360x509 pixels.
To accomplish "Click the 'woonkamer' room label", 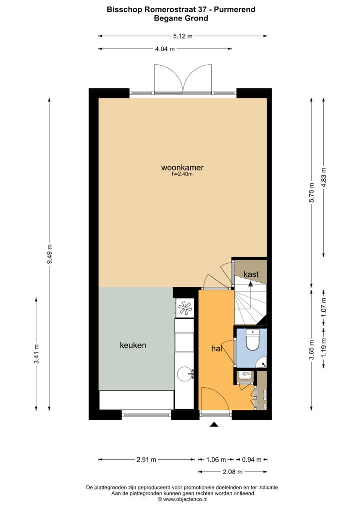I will point(182,167).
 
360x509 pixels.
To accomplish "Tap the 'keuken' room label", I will point(133,345).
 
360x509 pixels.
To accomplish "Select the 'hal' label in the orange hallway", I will point(216,349).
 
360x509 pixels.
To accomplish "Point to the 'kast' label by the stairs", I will point(251,274).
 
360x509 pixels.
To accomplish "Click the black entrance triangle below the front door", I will point(214,425).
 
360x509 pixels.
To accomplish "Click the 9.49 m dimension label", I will point(49,257).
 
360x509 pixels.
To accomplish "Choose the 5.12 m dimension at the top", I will point(182,36).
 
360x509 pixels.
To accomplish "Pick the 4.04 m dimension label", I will point(165,49).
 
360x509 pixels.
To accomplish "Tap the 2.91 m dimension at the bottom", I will point(146,460).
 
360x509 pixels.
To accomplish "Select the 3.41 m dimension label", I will point(36,353).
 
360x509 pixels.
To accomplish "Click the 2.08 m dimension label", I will point(232,472).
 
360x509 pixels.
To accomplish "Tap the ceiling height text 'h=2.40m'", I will point(182,174).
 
